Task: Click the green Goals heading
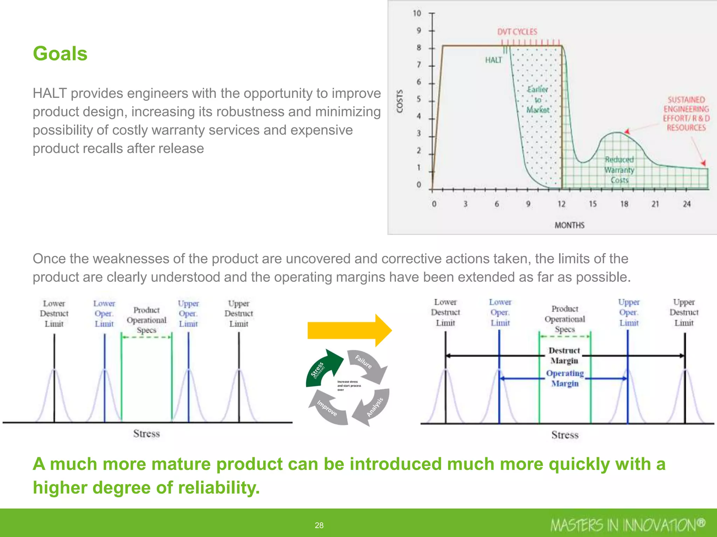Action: click(x=60, y=54)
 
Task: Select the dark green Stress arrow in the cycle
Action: click(x=324, y=368)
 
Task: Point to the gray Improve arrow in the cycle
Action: click(x=328, y=409)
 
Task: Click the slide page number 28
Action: click(x=319, y=525)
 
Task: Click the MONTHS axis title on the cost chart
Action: click(x=569, y=225)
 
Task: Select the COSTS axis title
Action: click(x=399, y=101)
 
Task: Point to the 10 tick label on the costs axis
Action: click(x=417, y=13)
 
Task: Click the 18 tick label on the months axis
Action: click(x=624, y=204)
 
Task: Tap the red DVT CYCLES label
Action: click(x=517, y=32)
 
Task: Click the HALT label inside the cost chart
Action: click(x=493, y=60)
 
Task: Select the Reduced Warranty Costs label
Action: click(x=619, y=170)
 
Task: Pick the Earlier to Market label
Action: click(x=538, y=100)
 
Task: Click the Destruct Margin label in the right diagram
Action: click(x=564, y=356)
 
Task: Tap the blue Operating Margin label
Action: click(x=565, y=378)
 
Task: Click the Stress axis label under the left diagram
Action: click(x=146, y=434)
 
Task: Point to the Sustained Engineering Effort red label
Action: click(x=686, y=114)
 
